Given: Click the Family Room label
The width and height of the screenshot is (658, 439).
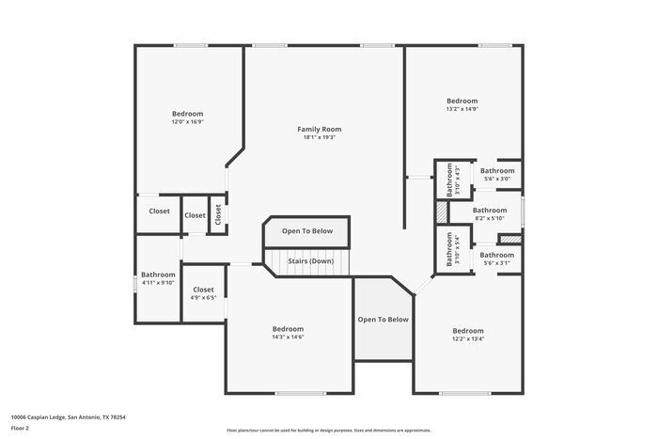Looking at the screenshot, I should point(319,129).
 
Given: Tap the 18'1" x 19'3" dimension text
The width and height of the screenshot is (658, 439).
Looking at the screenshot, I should point(319,137).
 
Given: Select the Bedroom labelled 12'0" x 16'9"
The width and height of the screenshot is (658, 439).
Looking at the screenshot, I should point(187,114).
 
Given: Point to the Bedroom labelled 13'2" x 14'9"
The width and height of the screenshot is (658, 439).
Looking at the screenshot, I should point(462,101).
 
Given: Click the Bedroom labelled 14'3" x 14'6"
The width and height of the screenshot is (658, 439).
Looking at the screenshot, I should point(288,329).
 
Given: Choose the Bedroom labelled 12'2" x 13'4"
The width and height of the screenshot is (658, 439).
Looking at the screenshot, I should point(467,331).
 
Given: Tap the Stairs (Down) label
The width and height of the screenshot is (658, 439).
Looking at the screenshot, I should point(309,260).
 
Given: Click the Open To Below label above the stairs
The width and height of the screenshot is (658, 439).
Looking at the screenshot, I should point(307,230).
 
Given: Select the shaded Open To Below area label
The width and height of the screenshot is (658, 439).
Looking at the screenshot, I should point(383,320).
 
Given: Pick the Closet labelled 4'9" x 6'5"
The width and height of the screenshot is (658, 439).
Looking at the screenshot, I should point(203,290).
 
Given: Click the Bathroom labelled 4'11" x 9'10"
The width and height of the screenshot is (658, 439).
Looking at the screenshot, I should point(158,274).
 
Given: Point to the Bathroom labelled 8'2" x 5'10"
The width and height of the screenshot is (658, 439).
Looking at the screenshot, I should point(490,210).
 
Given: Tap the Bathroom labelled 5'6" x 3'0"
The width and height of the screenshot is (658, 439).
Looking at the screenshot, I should point(496,171).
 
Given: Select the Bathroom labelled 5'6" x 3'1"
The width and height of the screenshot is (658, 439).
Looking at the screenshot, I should point(496,255).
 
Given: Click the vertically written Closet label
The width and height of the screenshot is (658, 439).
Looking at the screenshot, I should point(217,215).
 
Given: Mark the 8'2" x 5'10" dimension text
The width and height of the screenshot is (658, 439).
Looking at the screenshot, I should point(490,218).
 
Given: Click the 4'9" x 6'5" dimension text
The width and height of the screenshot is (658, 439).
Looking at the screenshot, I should point(203,298).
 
